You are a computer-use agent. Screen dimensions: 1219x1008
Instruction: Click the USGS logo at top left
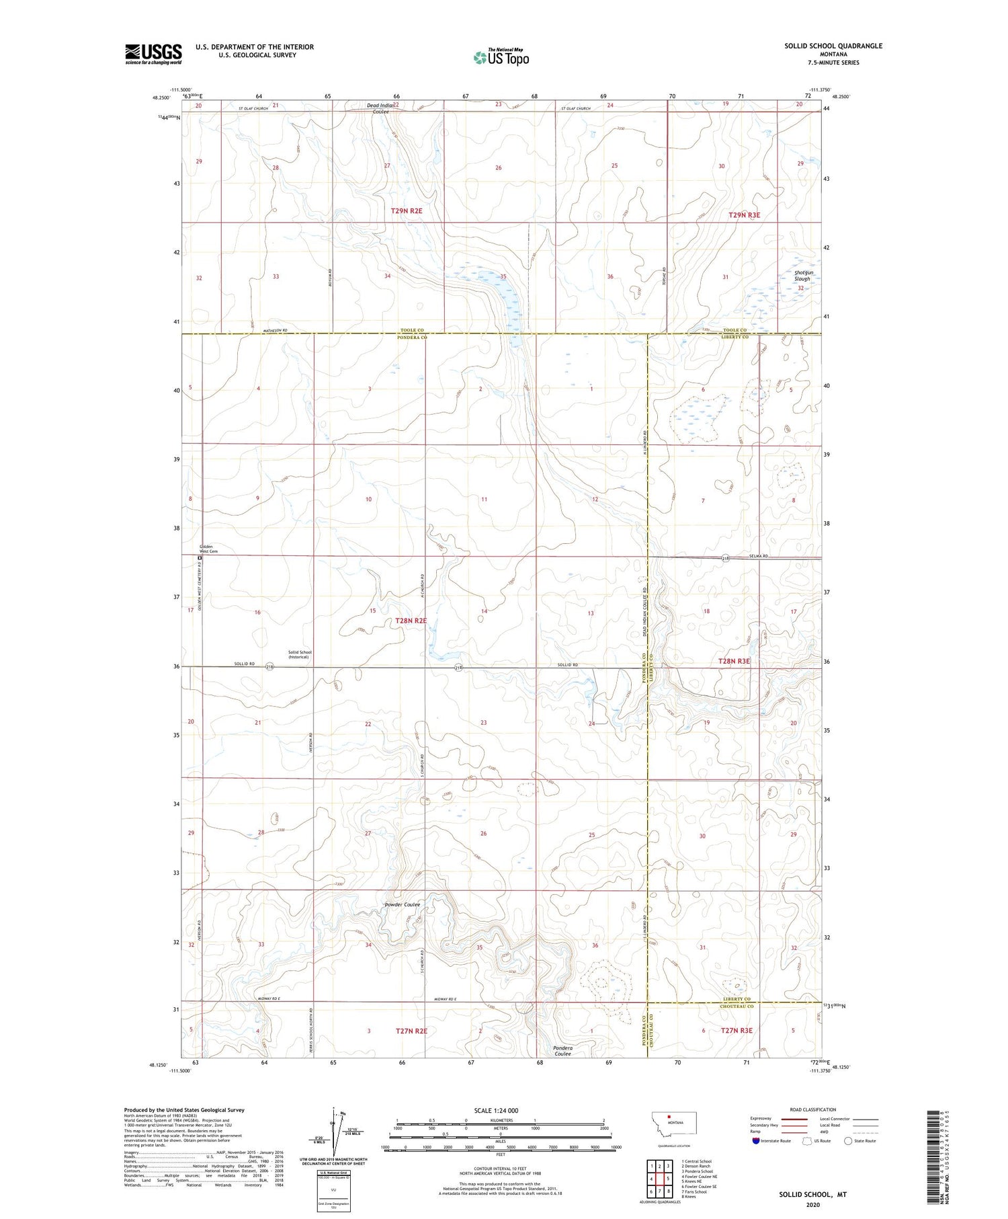(x=153, y=54)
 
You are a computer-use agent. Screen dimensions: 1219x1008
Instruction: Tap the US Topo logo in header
(x=501, y=58)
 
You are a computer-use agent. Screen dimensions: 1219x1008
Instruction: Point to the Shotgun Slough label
(x=802, y=276)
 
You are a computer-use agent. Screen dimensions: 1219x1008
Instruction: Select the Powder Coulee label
(x=402, y=904)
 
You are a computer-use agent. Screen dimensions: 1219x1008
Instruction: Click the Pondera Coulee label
(x=562, y=1050)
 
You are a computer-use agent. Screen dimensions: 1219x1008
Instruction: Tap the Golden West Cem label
(x=207, y=549)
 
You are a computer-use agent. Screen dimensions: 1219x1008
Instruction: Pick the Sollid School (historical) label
(x=300, y=654)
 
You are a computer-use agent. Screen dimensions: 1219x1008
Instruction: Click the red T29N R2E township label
(x=407, y=210)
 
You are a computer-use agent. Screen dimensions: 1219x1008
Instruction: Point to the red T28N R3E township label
(x=734, y=661)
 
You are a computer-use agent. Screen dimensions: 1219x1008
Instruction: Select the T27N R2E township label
(x=411, y=1031)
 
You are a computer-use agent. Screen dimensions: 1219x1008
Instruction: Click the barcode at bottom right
(x=933, y=1156)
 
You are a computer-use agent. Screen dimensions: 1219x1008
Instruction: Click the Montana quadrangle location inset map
(x=674, y=1124)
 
